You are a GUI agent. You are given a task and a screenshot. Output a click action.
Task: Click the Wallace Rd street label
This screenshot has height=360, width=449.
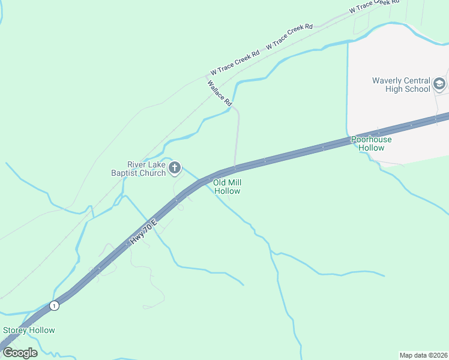(x=220, y=93)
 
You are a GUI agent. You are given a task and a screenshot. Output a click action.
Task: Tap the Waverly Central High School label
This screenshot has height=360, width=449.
(x=401, y=85)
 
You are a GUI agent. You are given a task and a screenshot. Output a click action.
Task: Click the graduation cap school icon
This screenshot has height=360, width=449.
(x=439, y=84)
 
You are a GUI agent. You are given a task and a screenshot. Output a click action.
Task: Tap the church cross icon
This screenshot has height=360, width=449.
(x=175, y=169)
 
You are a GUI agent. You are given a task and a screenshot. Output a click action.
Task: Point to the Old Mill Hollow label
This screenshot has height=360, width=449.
(x=227, y=187)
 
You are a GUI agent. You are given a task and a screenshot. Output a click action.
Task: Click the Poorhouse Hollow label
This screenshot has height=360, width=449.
(x=372, y=143)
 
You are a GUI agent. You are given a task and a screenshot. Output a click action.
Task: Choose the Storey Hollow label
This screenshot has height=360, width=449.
(x=29, y=330)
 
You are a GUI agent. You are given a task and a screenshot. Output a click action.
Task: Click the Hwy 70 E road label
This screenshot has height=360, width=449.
(x=142, y=232)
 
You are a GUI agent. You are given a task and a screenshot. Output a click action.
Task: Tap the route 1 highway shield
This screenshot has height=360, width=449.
(x=55, y=305)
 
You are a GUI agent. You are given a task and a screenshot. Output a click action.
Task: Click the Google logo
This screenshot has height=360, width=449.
(x=20, y=352)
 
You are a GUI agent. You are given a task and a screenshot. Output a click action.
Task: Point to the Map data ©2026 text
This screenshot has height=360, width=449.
(x=423, y=355)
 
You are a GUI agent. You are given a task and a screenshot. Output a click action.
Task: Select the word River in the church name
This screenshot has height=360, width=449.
(x=137, y=164)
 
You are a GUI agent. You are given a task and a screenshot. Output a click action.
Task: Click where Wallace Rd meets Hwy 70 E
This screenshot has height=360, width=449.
(x=235, y=168)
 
